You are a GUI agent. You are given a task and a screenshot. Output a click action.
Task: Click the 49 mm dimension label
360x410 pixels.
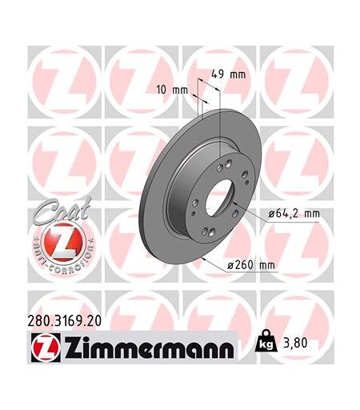(228, 74)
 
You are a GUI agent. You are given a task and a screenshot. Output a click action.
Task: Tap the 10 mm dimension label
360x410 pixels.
(172, 90)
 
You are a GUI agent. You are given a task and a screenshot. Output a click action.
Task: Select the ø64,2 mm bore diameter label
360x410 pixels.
(294, 214)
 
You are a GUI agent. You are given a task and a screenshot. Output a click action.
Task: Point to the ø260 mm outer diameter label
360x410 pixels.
(250, 265)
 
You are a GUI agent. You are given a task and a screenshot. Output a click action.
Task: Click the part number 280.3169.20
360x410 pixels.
(65, 321)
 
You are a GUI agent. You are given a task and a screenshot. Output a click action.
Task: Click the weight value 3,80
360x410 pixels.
(295, 343)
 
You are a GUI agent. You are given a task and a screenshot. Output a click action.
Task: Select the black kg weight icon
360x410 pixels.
(266, 341)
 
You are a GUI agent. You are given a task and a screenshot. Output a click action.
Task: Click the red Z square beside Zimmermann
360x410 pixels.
(46, 347)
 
